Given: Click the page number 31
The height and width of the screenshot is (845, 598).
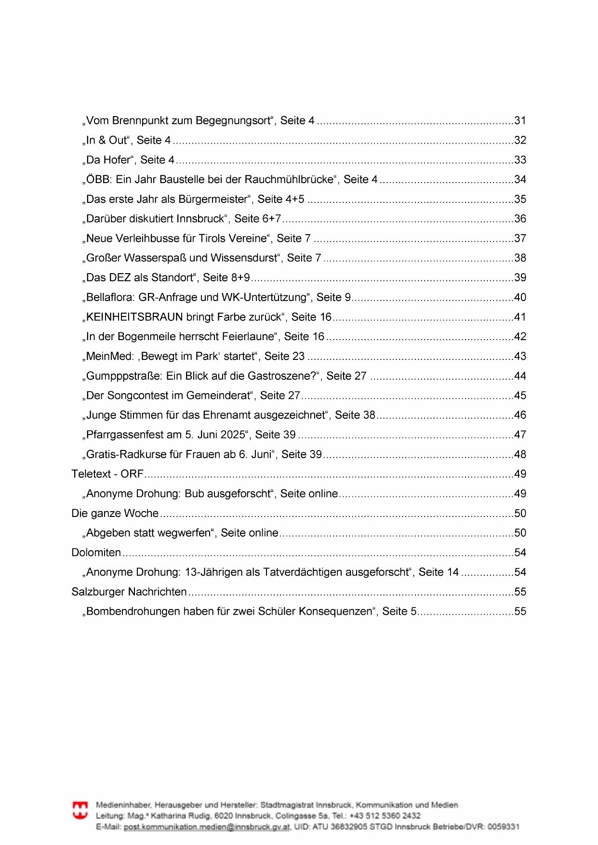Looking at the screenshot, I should coord(520,120).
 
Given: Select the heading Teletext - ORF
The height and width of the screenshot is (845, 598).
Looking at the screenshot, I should coord(107,474).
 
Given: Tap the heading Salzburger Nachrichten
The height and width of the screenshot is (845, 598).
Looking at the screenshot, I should coord(129,592).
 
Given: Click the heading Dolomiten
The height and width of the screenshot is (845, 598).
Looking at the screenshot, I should coord(96,553).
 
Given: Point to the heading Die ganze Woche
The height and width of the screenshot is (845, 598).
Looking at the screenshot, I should coord(115,514).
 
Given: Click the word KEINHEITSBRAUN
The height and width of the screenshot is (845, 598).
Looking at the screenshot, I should coord(134,317).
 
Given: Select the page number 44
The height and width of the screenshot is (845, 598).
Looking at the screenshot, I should coord(520,376).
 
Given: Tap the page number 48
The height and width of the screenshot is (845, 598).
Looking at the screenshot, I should coord(520,454).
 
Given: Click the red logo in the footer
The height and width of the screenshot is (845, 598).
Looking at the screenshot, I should coord(80,810).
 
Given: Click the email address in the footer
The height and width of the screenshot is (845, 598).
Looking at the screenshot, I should coord(207,827).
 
